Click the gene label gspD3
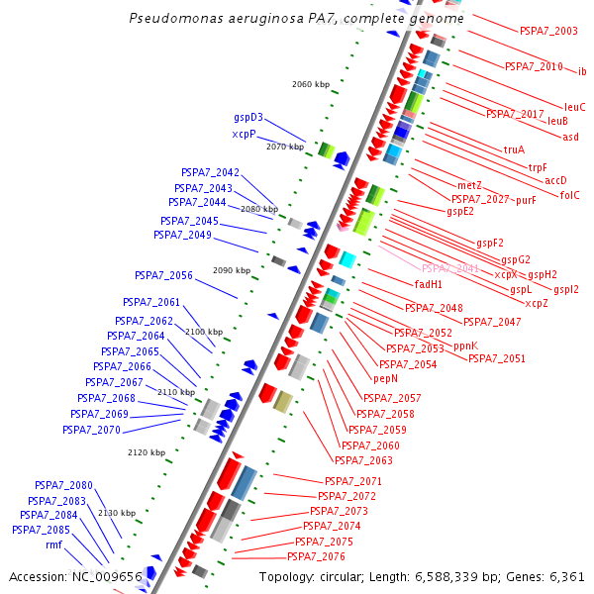point(248,118)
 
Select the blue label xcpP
point(245,134)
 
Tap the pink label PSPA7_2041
point(450,268)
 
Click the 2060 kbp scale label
point(311,84)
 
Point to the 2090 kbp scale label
point(232,270)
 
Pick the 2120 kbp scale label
point(147,452)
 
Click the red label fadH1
point(429,284)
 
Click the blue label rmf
point(53,544)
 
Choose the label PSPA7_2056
point(163,275)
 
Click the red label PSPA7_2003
point(548,31)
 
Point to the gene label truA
point(514,149)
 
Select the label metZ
point(469,185)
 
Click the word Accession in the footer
point(39,576)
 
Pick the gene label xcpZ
point(537,303)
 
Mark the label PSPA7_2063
point(363,460)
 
